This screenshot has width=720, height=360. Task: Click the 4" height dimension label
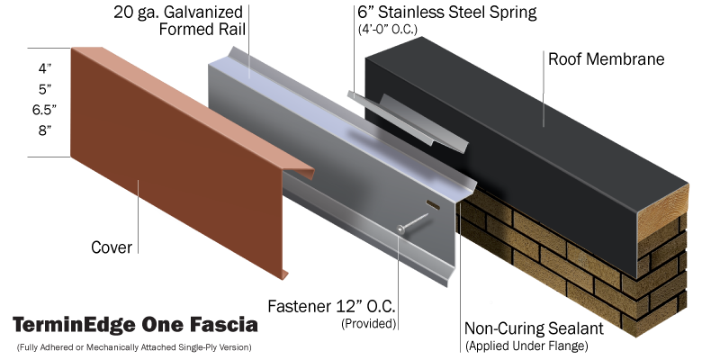pyautogui.click(x=45, y=69)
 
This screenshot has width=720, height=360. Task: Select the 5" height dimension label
pyautogui.click(x=45, y=89)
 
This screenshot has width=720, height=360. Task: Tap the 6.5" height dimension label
pyautogui.click(x=44, y=110)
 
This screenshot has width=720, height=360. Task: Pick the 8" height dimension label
pyautogui.click(x=45, y=130)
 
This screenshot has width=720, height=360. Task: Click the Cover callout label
pyautogui.click(x=112, y=247)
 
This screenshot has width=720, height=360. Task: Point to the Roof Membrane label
pyautogui.click(x=606, y=58)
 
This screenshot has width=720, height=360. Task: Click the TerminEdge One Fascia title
pyautogui.click(x=135, y=325)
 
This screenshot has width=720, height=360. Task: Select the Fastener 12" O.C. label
pyautogui.click(x=331, y=306)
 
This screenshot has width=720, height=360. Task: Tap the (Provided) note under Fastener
pyautogui.click(x=368, y=324)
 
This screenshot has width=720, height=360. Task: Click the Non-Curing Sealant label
pyautogui.click(x=534, y=328)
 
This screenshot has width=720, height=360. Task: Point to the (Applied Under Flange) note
pyautogui.click(x=526, y=346)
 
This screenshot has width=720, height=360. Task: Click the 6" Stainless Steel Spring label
pyautogui.click(x=447, y=13)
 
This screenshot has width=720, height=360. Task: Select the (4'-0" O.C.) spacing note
pyautogui.click(x=388, y=30)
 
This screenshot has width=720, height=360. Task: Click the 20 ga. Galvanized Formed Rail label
pyautogui.click(x=179, y=20)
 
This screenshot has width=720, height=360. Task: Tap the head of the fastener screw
pyautogui.click(x=400, y=229)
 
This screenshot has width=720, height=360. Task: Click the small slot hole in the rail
pyautogui.click(x=433, y=205)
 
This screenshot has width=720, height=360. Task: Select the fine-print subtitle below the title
pyautogui.click(x=134, y=346)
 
